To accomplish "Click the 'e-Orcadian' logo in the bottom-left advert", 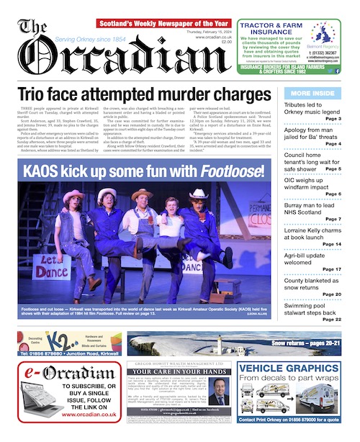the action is (50, 371).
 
